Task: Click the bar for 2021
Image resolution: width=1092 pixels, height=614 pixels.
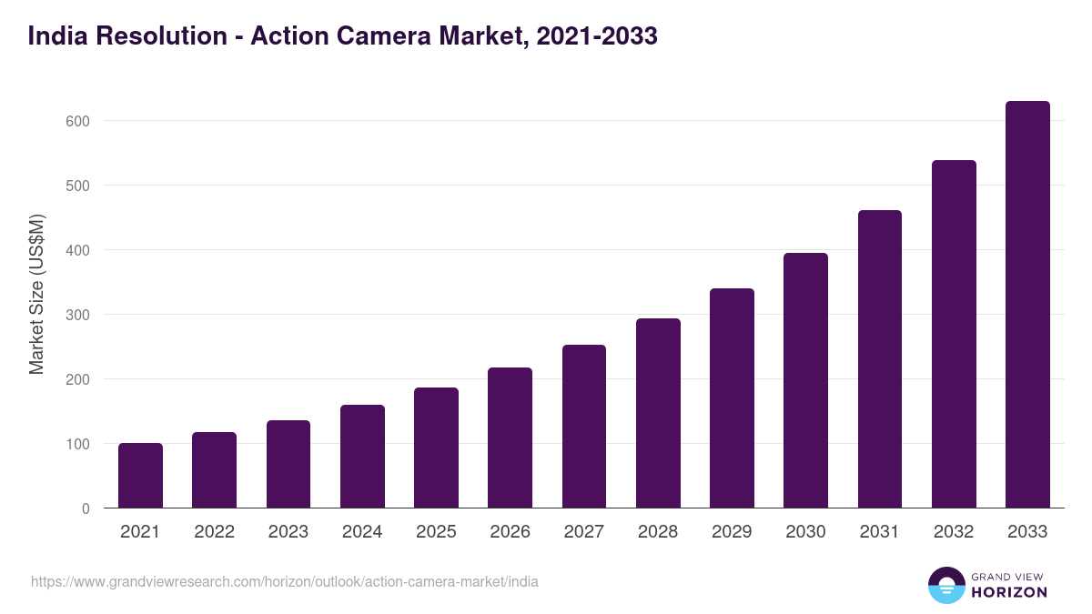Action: (x=140, y=476)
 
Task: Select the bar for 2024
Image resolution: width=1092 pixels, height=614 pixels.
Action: (x=362, y=457)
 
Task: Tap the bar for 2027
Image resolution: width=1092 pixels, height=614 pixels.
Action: (x=584, y=427)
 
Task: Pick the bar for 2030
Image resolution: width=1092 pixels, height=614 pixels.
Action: (x=805, y=380)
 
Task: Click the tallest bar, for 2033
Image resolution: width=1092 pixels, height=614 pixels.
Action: (x=1027, y=305)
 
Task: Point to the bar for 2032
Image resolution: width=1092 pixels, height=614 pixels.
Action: (x=954, y=334)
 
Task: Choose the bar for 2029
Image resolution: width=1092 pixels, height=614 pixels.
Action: (x=732, y=398)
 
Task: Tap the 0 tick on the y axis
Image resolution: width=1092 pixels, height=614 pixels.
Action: (x=86, y=508)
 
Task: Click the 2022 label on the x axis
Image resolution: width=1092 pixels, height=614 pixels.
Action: (x=214, y=532)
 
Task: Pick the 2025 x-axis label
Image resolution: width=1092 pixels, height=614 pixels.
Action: (x=436, y=532)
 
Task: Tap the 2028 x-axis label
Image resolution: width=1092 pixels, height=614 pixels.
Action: (x=658, y=532)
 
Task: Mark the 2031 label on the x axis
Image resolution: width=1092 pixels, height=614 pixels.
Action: (x=879, y=532)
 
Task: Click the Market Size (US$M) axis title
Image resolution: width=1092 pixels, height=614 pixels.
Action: (x=36, y=295)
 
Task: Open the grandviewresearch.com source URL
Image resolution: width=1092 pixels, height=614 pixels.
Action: (x=284, y=581)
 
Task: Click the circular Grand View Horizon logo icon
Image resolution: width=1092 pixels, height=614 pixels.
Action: (x=945, y=585)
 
